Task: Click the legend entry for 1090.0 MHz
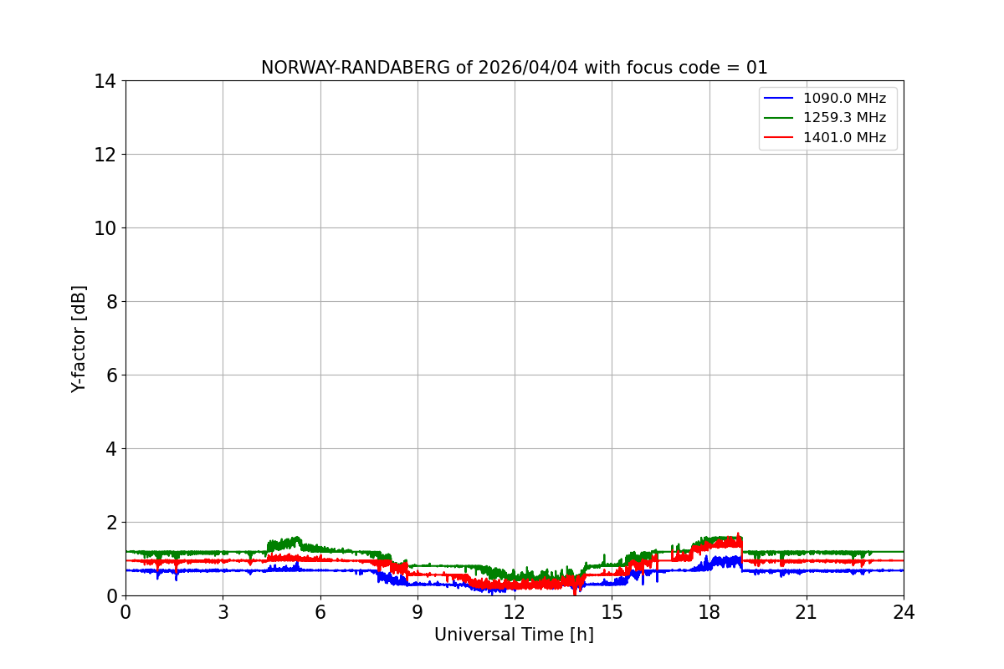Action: point(844,98)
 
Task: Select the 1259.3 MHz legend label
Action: point(844,117)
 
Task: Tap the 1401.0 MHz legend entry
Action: point(844,137)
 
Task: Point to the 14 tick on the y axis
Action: point(105,81)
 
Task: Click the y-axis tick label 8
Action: point(111,302)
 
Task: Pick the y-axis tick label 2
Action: point(111,523)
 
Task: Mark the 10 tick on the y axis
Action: point(105,228)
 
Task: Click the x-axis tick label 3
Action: point(223,612)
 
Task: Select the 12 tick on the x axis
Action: point(515,612)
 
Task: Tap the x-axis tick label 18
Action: point(709,612)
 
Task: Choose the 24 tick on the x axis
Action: point(904,612)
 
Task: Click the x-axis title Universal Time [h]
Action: point(514,635)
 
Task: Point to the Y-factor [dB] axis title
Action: point(79,340)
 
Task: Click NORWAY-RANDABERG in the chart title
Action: point(356,68)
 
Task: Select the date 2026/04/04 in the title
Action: point(528,68)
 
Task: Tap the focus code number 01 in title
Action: point(757,68)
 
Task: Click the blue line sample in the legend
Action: point(779,98)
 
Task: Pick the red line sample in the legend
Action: point(779,137)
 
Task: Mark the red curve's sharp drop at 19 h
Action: point(742,550)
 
